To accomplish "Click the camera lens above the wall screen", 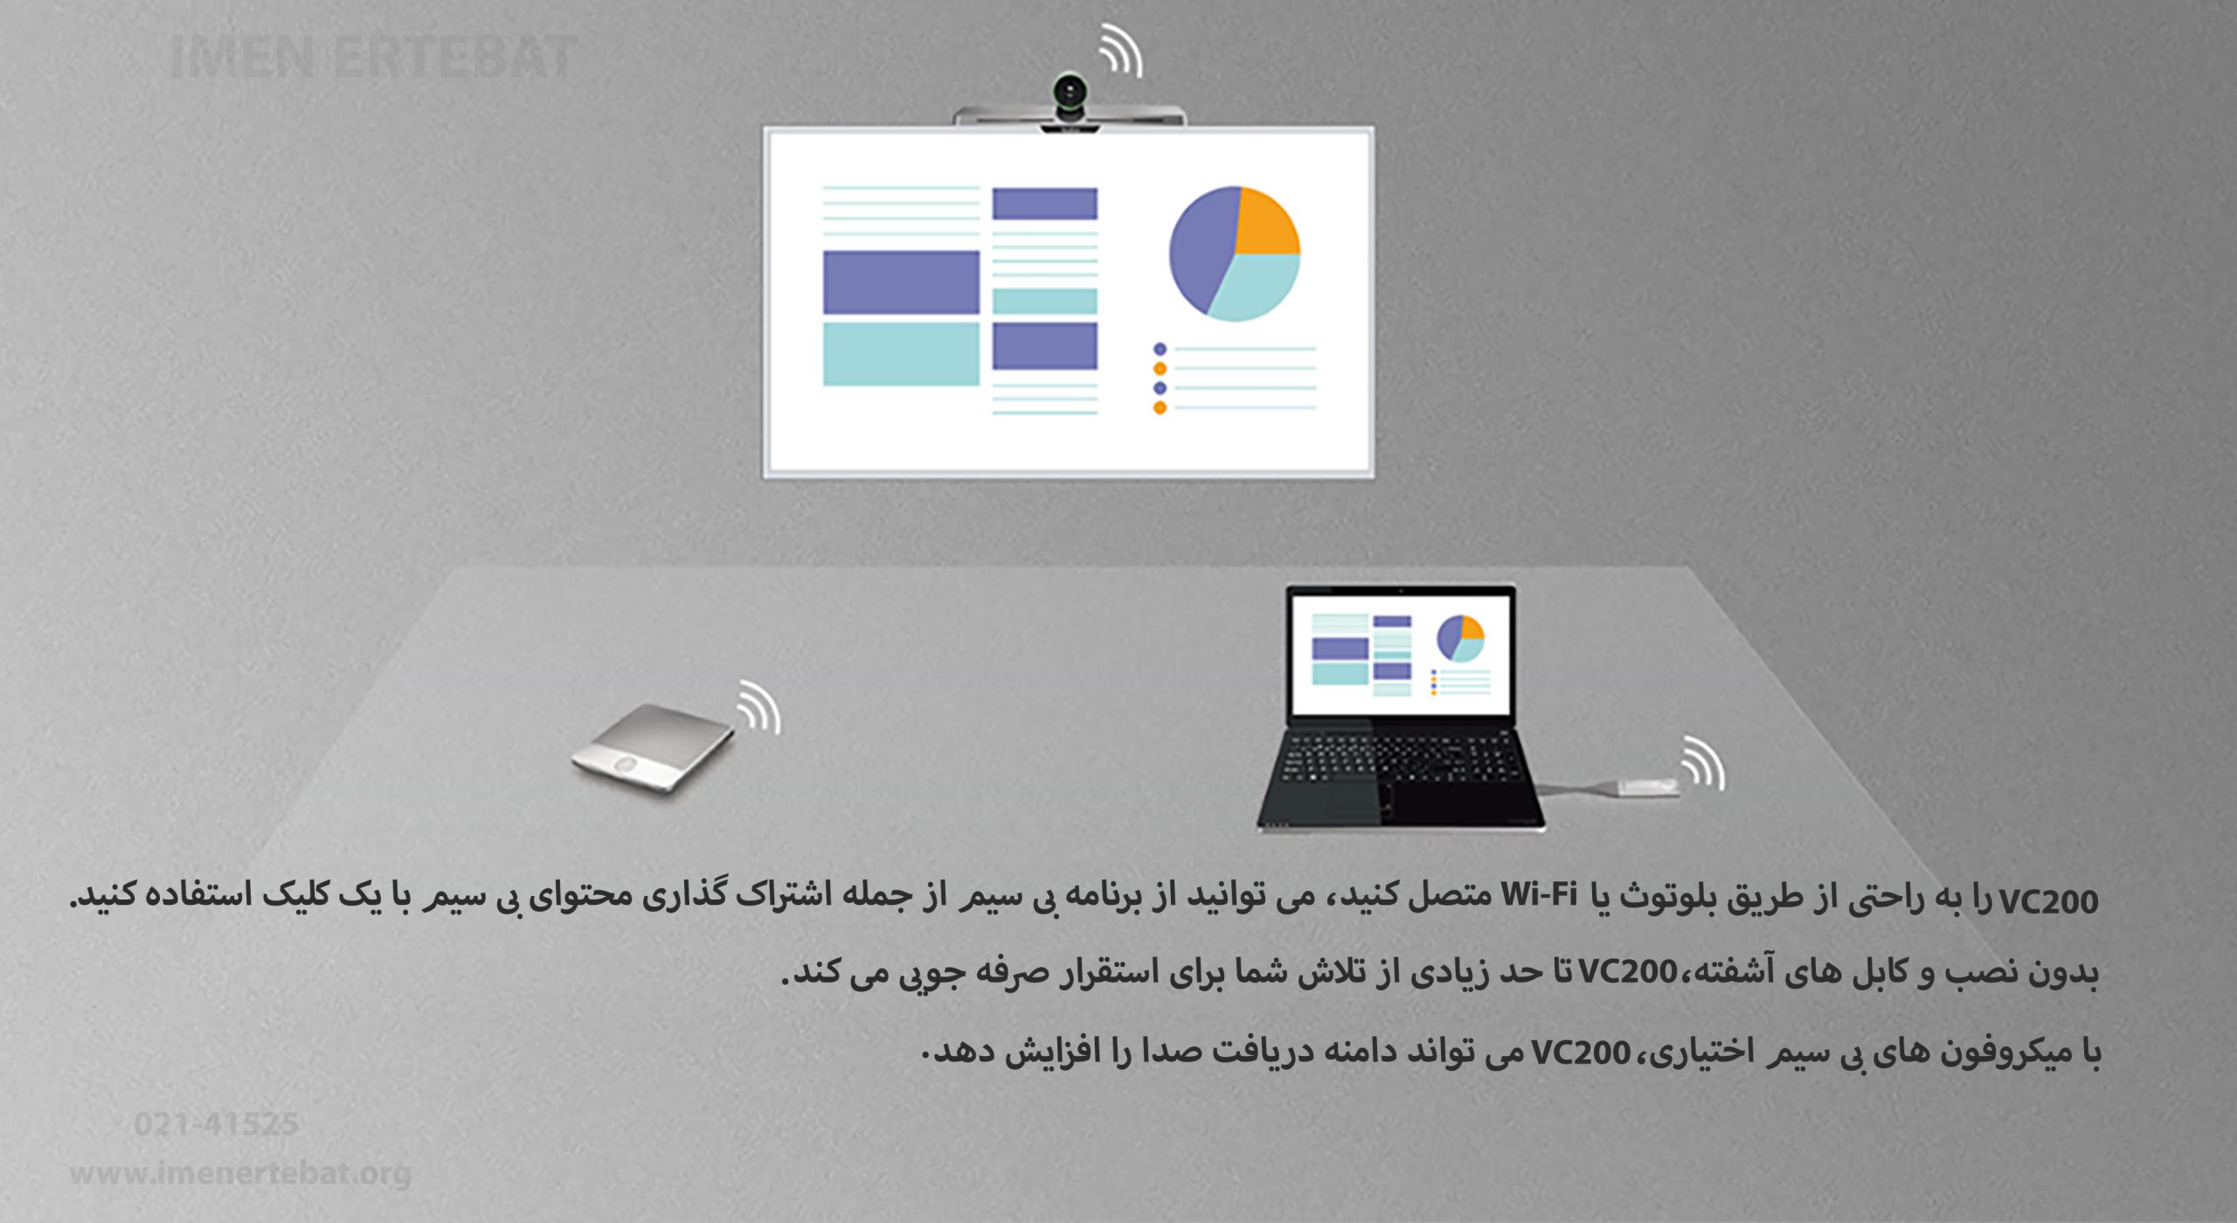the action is click(1070, 90).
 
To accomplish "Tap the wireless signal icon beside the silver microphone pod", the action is click(760, 707).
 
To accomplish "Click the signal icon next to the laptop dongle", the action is click(1704, 763).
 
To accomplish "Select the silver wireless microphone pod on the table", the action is click(653, 748).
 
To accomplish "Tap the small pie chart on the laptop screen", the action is click(1461, 638).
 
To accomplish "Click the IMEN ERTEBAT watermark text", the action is click(373, 57).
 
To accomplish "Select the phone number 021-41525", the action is click(216, 1123).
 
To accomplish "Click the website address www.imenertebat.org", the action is click(240, 1172).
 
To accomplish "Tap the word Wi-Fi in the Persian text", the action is click(1539, 894).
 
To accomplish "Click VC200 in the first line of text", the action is click(2047, 901).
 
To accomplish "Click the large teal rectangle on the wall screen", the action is click(901, 354).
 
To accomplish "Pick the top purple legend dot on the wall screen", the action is click(1160, 349).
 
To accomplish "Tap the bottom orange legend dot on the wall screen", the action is click(1160, 407).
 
